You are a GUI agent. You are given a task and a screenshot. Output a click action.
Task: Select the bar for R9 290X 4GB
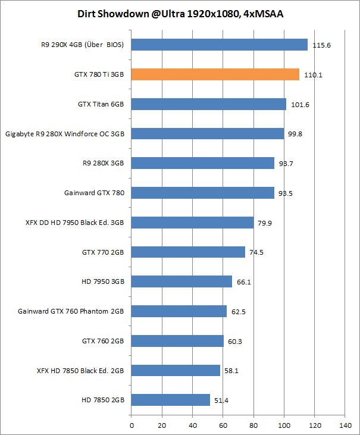219,45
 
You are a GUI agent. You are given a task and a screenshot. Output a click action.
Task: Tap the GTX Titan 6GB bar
208,104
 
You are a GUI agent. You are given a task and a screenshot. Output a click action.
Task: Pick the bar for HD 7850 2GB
170,400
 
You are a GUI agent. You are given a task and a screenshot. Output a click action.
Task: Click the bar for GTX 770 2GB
188,252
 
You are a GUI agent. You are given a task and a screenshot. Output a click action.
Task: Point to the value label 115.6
322,45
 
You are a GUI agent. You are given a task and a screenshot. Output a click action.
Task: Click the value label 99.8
295,134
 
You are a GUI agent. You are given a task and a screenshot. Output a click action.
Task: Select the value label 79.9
265,223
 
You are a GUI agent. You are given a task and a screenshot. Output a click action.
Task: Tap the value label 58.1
231,371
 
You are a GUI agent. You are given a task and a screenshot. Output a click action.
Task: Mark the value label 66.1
244,282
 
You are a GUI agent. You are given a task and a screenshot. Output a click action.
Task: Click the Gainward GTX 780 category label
94,193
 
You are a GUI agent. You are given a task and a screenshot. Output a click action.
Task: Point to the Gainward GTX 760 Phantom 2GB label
71,311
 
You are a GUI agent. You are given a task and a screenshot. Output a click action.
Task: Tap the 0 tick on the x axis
131,425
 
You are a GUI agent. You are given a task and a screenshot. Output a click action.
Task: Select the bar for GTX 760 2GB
177,341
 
